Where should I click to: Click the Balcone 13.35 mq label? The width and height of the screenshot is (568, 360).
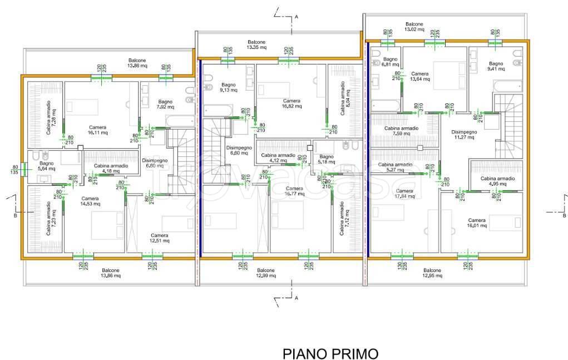pos(256,45)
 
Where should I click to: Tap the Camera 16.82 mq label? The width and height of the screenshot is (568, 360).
pos(292,103)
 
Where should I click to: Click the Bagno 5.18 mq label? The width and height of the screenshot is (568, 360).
pos(327,159)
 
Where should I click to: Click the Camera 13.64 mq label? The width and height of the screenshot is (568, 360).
pos(419,76)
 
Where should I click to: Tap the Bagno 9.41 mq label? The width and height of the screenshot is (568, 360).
pos(496,66)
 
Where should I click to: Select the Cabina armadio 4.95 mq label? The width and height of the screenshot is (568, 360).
pos(498,181)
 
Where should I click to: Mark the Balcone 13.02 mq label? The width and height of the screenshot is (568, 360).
pos(414,27)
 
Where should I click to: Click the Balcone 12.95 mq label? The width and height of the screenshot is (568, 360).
pos(432,273)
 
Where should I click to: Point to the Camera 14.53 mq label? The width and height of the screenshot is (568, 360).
pos(90,201)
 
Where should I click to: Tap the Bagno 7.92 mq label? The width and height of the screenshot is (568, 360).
pos(165,104)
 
